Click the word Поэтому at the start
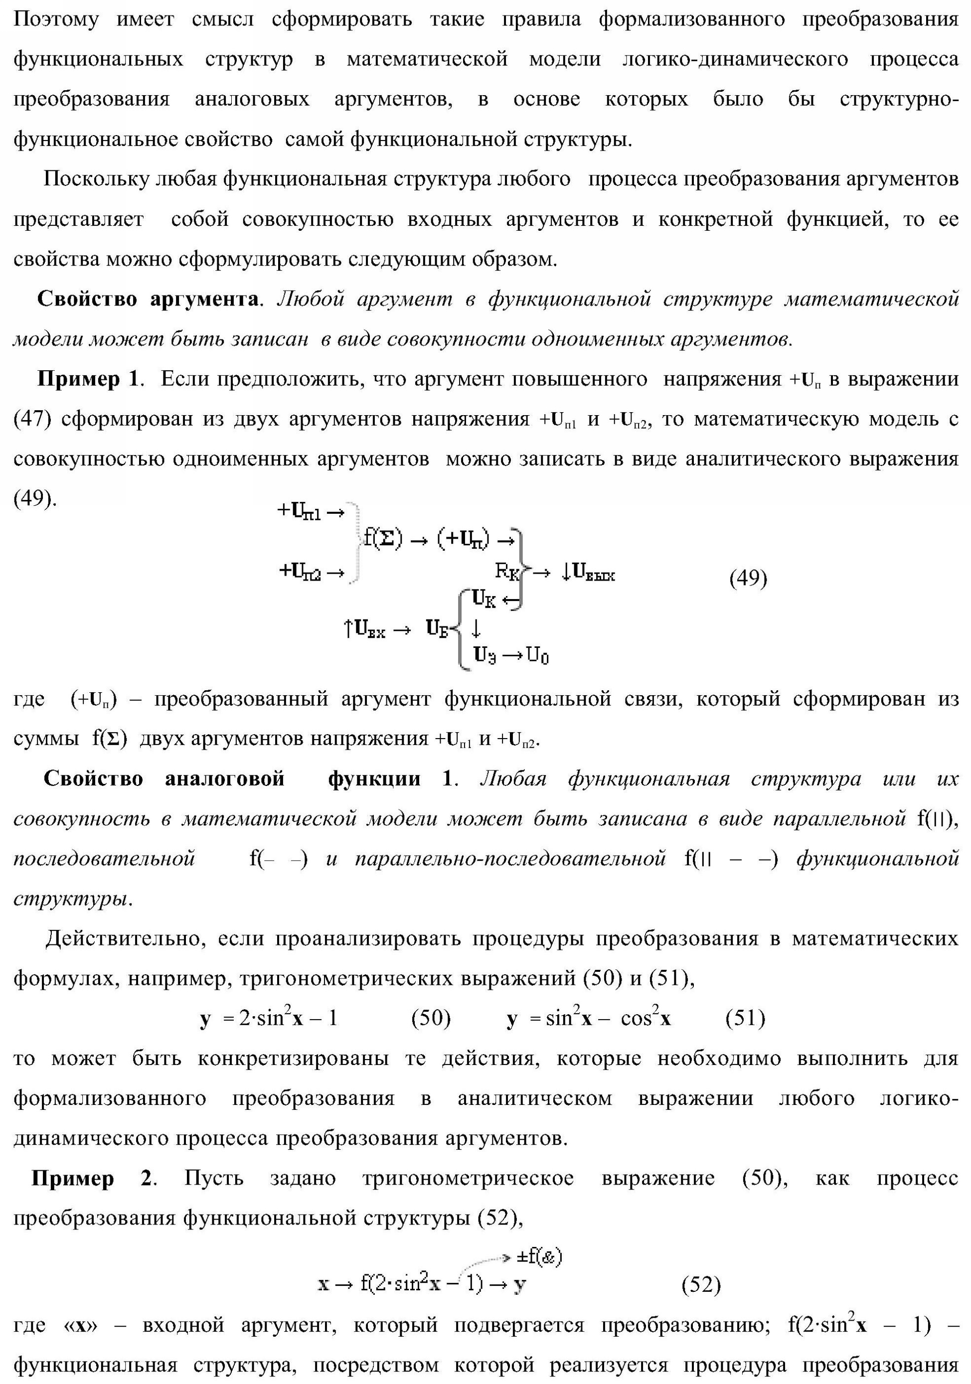coord(55,20)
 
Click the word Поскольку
coord(96,179)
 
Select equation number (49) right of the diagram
coord(748,578)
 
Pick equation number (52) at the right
coord(701,1285)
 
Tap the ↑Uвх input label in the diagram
coord(365,629)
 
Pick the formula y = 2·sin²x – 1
coord(269,1018)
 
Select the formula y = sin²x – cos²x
coord(588,1018)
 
